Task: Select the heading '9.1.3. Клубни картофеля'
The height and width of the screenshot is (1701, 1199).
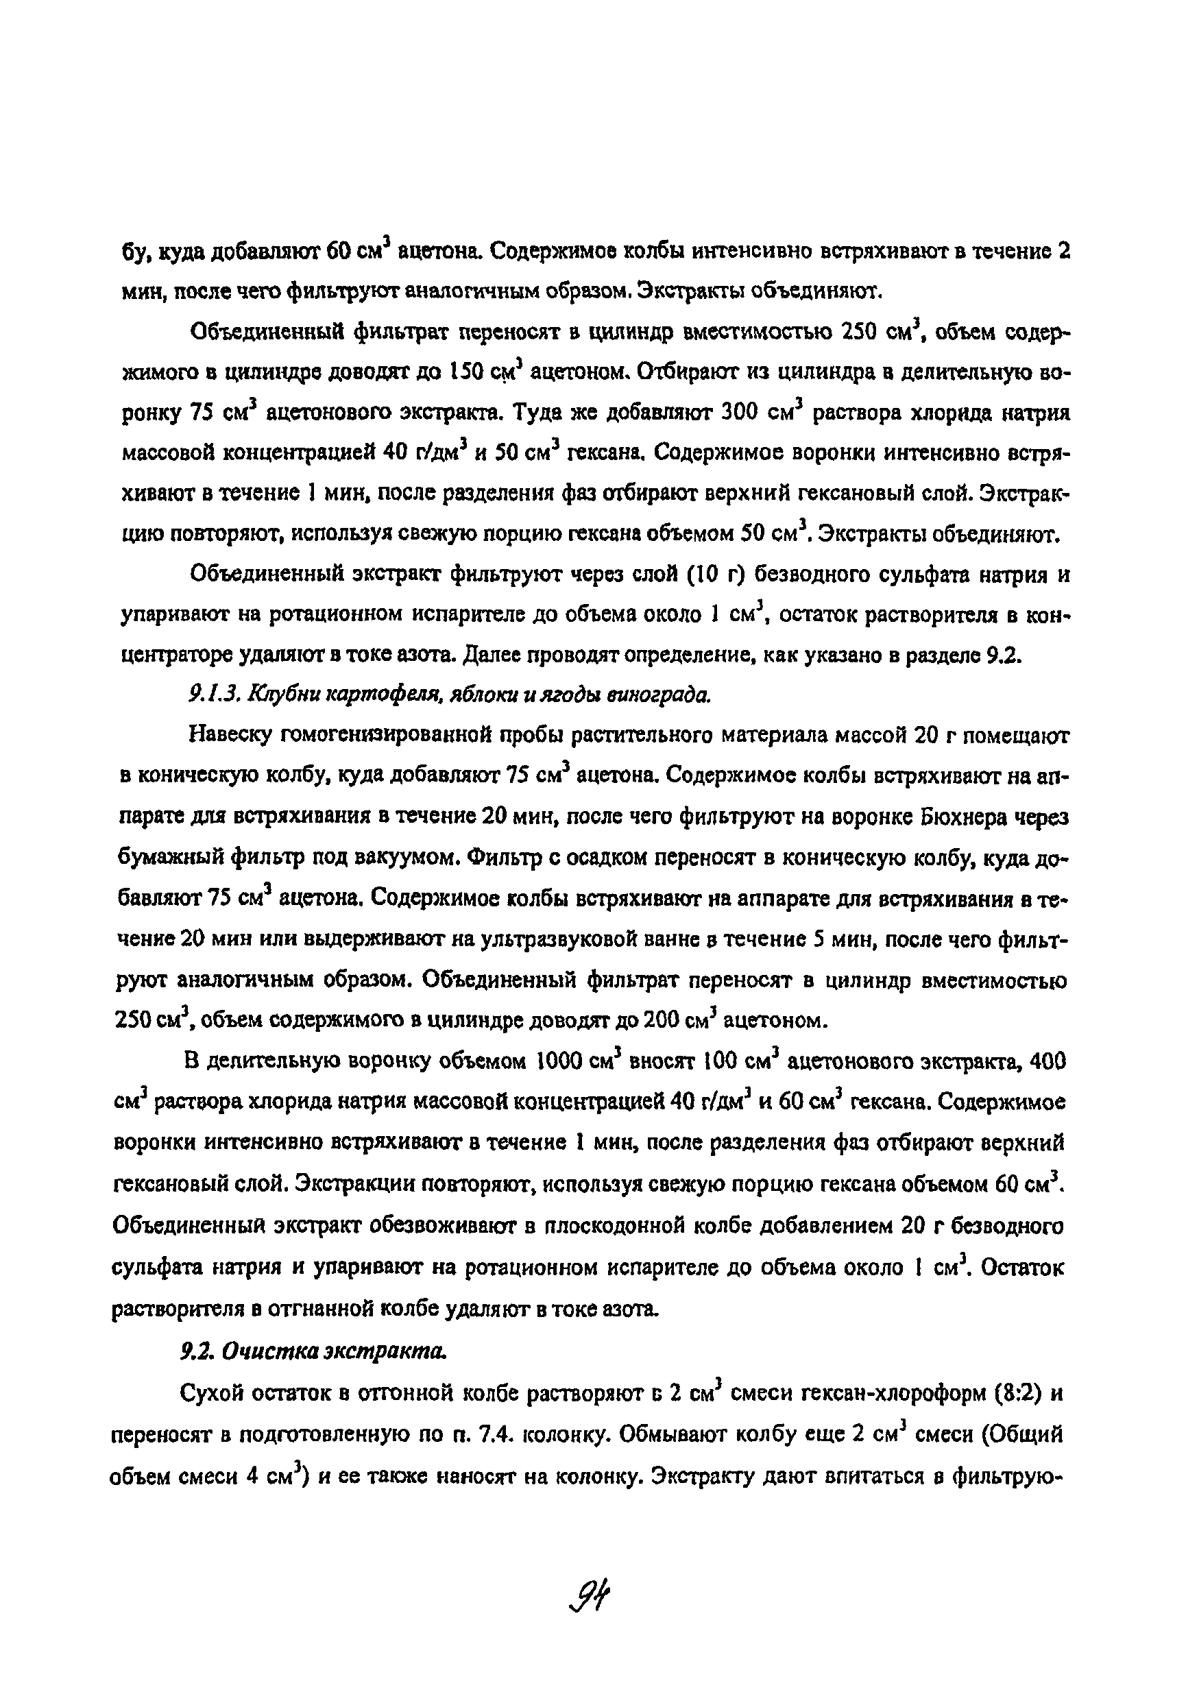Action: tap(449, 695)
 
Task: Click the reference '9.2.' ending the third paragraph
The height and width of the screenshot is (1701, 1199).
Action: tap(1005, 655)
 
